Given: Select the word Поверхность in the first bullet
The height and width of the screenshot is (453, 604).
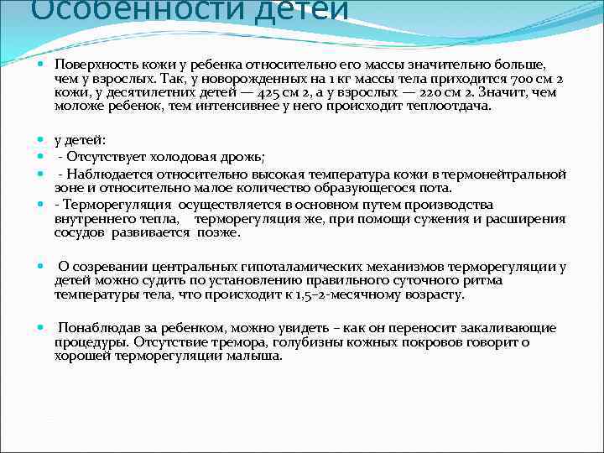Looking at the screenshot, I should coord(94,64).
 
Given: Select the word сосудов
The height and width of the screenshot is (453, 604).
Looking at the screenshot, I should coord(80,232).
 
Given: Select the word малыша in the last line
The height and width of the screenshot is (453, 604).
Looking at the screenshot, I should coord(259,356).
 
